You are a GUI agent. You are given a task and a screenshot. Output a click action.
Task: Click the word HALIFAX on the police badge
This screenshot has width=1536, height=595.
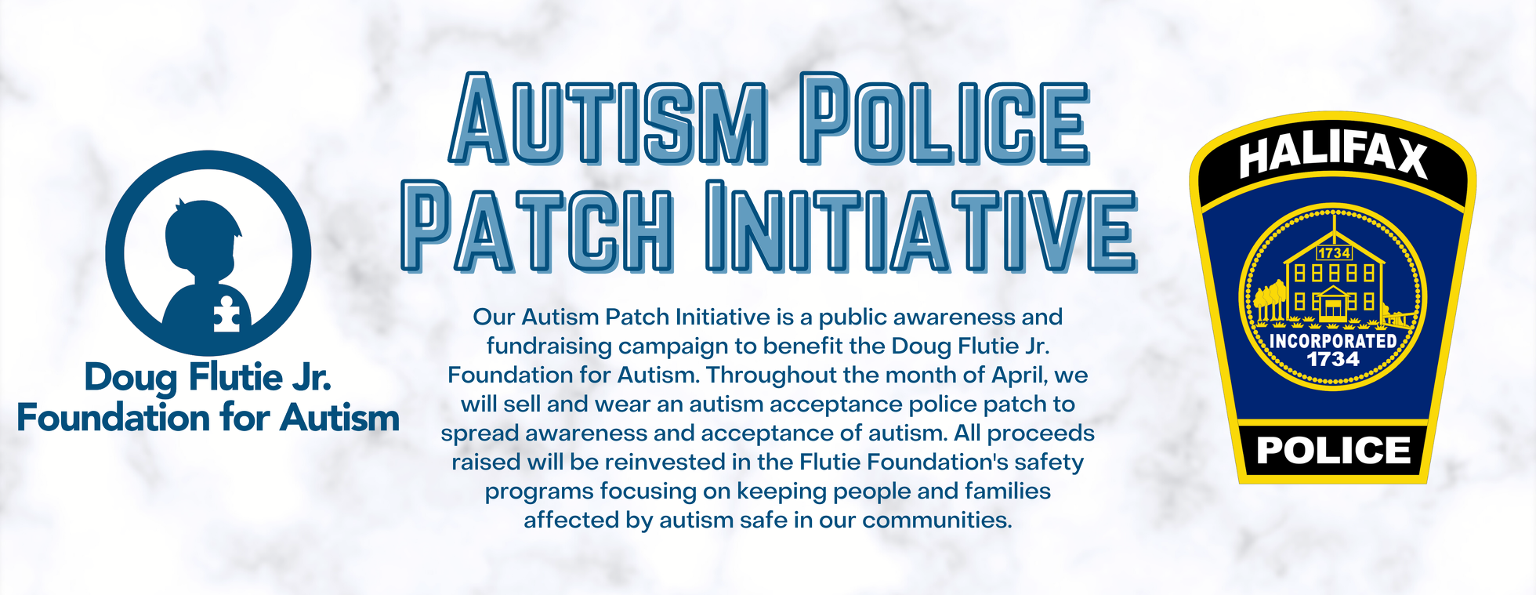click(x=1333, y=155)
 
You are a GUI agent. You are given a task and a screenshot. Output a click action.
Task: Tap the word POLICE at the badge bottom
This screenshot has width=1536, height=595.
click(x=1333, y=451)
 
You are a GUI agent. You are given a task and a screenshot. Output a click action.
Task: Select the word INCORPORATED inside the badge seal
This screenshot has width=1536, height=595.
click(x=1333, y=341)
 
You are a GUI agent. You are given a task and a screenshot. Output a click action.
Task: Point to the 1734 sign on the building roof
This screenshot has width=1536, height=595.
click(x=1334, y=253)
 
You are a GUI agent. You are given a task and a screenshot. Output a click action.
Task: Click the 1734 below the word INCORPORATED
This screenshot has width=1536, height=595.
click(x=1333, y=360)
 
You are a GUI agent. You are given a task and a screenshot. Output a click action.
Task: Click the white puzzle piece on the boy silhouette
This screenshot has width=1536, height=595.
click(x=226, y=314)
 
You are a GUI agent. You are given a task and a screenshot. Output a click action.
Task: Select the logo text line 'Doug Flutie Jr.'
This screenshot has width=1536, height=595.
click(x=208, y=378)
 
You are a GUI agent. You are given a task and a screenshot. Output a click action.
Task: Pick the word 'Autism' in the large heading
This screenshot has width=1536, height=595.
click(x=608, y=120)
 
